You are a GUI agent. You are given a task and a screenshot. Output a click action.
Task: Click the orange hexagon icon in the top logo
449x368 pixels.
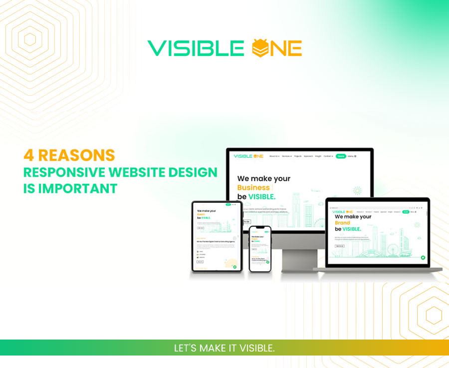262,48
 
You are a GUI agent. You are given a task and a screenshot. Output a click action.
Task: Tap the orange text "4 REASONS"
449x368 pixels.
69,155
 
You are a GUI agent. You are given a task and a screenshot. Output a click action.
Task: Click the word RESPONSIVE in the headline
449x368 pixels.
57,172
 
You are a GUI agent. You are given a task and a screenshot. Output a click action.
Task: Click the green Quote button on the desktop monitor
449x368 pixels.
341,156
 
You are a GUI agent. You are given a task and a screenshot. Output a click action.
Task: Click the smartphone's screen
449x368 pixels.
260,249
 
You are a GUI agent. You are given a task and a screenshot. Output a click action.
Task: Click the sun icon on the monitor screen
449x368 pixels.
357,191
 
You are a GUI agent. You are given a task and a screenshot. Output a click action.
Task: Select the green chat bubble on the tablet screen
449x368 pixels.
234,267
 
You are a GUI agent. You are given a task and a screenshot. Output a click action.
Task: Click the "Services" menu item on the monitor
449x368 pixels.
286,156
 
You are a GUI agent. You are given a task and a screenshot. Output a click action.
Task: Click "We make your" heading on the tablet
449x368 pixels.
207,211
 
